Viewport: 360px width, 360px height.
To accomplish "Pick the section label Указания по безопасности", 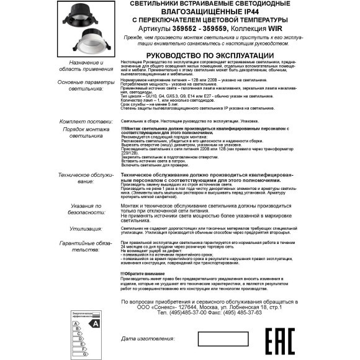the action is [88, 209].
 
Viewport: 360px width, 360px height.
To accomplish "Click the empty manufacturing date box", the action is [220, 339].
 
